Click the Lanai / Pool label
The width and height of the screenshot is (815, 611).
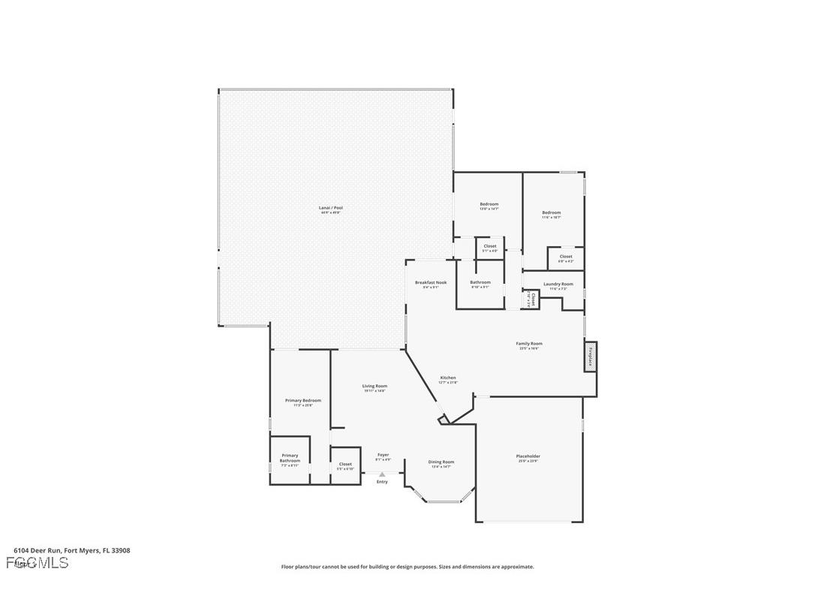[331, 208]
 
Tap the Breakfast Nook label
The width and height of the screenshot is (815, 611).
[431, 283]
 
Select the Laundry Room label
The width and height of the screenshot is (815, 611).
[558, 284]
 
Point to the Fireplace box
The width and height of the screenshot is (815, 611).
[591, 356]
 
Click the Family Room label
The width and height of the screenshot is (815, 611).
[529, 344]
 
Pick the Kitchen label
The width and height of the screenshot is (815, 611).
[448, 378]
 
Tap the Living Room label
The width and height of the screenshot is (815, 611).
[375, 387]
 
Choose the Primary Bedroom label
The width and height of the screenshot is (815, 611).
[302, 401]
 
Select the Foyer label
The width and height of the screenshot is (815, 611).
[383, 455]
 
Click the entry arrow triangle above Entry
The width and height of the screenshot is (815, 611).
[382, 474]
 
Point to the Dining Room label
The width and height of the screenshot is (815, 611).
[441, 462]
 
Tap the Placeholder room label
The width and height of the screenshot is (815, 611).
[528, 456]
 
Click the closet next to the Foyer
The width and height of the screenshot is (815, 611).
[345, 465]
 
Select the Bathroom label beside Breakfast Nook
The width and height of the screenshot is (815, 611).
[480, 283]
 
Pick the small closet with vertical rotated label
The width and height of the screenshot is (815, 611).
[532, 299]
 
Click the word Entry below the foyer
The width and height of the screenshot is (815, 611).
[382, 482]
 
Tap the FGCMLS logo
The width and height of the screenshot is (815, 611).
[37, 562]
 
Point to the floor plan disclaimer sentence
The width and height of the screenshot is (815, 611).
[407, 567]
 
